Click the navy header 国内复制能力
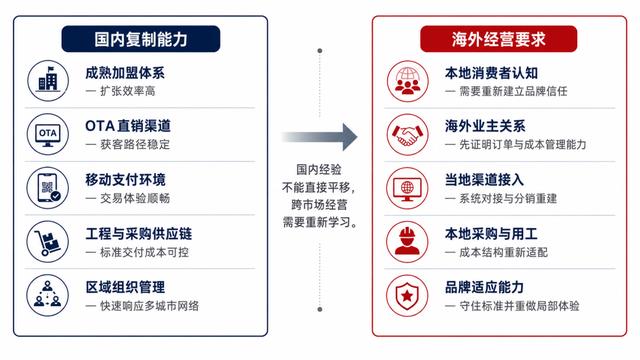[141, 39]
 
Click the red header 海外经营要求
[499, 39]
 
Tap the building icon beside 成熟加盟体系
[48, 80]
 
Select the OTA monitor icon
[48, 134]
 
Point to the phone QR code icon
[48, 188]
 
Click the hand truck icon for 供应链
[48, 242]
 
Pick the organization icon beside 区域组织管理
[48, 295]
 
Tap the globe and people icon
[407, 81]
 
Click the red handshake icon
[407, 135]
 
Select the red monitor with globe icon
[407, 188]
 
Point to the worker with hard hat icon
[407, 242]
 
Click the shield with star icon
[407, 296]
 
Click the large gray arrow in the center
[320, 137]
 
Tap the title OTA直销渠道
[128, 126]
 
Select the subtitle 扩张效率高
[128, 91]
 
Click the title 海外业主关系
[485, 126]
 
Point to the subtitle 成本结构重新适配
[504, 252]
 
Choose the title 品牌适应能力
[484, 287]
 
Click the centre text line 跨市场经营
[319, 204]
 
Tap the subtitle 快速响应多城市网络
[149, 306]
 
